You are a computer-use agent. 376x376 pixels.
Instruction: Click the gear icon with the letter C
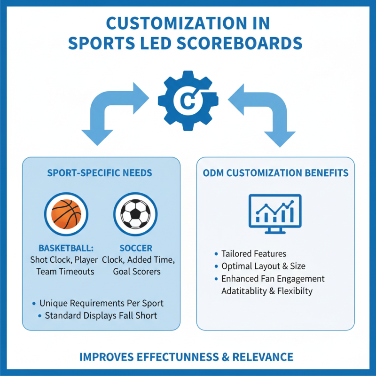(x=188, y=101)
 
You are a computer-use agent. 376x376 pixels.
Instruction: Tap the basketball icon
(x=66, y=214)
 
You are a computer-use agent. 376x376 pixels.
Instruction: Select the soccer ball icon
(x=135, y=214)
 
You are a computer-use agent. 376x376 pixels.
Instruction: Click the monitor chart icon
(x=275, y=214)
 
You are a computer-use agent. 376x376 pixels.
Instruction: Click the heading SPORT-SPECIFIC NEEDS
(x=100, y=173)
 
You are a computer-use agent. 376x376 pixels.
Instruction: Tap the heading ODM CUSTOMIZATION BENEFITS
(x=275, y=173)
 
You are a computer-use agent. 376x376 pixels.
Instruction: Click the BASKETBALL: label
(x=66, y=248)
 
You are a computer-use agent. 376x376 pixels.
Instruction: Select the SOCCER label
(x=136, y=248)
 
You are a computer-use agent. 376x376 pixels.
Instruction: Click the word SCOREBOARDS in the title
(x=239, y=43)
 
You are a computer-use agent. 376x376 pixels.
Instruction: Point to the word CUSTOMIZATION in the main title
(x=177, y=23)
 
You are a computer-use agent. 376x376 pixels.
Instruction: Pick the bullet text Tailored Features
(x=254, y=254)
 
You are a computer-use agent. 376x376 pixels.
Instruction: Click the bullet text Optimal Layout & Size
(x=263, y=266)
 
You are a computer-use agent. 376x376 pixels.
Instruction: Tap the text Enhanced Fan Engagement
(x=273, y=279)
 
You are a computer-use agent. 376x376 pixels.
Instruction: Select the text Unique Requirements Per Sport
(x=102, y=303)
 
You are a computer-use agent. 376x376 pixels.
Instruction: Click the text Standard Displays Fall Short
(x=101, y=315)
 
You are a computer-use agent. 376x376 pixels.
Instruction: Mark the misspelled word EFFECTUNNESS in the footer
(x=178, y=357)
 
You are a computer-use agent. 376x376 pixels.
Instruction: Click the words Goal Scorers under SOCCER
(x=137, y=272)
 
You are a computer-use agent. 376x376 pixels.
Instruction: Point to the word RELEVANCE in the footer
(x=263, y=357)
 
